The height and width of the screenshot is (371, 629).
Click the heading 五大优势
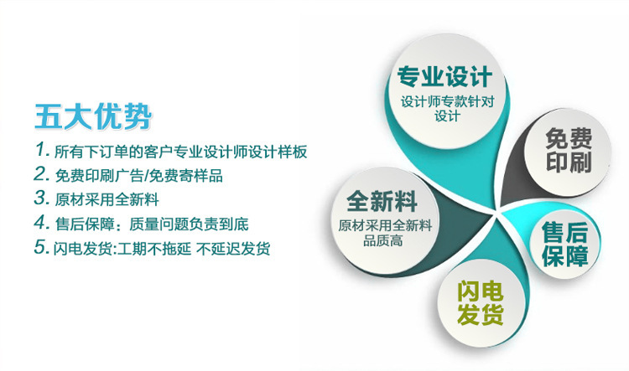click(x=93, y=117)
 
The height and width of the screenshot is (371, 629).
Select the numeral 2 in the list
click(x=41, y=174)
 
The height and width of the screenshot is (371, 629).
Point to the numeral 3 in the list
click(x=41, y=198)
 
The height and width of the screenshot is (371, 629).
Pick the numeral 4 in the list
click(x=41, y=222)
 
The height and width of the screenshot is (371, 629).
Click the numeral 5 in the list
click(x=41, y=247)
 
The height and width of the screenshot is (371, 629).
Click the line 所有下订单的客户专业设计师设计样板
click(x=180, y=152)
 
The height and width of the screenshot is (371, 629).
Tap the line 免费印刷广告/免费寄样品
click(x=138, y=176)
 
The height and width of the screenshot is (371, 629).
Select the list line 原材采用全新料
click(x=107, y=199)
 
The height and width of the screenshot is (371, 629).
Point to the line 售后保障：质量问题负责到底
click(x=152, y=224)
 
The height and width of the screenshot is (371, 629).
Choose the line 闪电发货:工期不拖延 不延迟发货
click(x=162, y=249)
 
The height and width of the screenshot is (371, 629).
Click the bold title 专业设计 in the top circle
click(x=444, y=76)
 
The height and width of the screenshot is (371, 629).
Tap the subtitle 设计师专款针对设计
click(x=447, y=109)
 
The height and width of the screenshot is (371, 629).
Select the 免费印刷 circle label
click(x=569, y=150)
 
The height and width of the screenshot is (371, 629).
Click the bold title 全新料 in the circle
click(x=382, y=201)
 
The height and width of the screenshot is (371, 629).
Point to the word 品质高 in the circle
click(x=383, y=241)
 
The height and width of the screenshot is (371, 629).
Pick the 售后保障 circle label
click(x=564, y=245)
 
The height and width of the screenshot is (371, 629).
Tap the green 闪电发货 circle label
click(x=481, y=303)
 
